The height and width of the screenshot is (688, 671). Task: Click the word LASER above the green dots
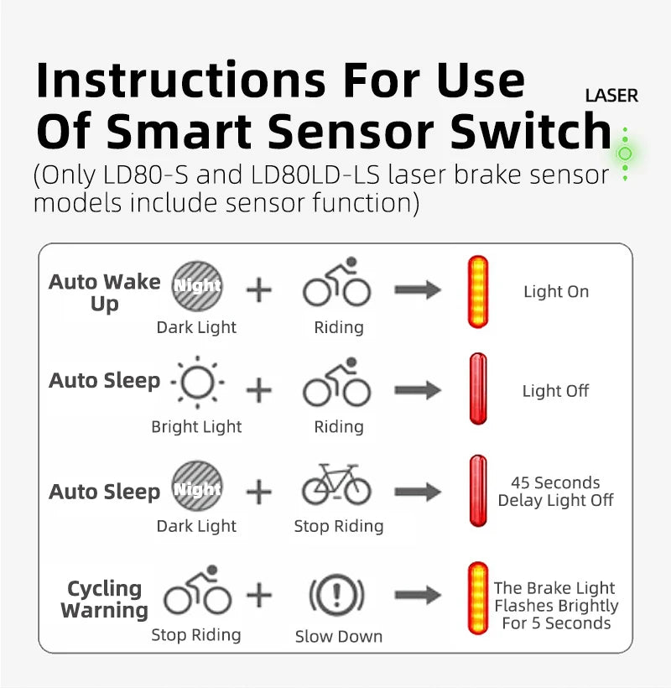(x=611, y=96)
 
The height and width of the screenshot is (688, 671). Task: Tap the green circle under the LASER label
(x=625, y=154)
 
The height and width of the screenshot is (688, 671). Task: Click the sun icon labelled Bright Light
(x=197, y=382)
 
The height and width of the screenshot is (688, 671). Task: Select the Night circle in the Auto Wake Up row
(x=197, y=286)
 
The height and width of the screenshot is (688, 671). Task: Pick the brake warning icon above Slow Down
(x=337, y=596)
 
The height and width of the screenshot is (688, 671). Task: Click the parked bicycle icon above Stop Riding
(x=337, y=484)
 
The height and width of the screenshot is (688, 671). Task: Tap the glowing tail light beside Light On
(x=478, y=292)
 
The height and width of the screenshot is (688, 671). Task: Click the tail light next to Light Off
(x=478, y=388)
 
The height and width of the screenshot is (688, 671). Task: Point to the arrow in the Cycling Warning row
(x=418, y=595)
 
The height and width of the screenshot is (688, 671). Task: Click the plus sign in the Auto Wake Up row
(x=259, y=290)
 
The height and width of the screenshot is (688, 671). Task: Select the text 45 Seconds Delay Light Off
(x=555, y=492)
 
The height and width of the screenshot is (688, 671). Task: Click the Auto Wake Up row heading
(x=104, y=293)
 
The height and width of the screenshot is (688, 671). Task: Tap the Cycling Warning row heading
(x=104, y=599)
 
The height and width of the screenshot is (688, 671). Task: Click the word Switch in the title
(x=531, y=131)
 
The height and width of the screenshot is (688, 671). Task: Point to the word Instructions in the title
(x=180, y=80)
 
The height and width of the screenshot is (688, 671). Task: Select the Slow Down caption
(x=339, y=636)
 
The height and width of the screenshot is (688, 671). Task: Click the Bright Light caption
(x=196, y=426)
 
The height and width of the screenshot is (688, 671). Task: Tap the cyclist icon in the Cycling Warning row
(x=197, y=589)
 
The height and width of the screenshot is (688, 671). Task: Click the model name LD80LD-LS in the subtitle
(x=315, y=175)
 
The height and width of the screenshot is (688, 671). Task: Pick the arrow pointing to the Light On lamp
(x=418, y=289)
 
